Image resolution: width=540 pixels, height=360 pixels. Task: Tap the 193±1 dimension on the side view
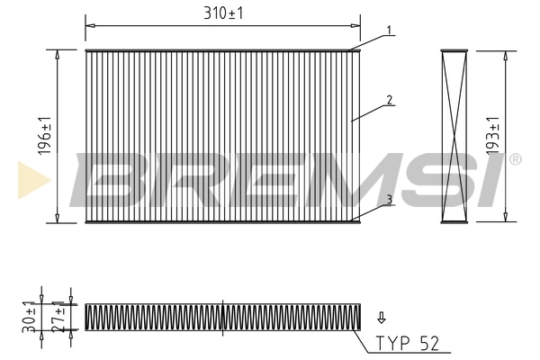pyautogui.click(x=493, y=135)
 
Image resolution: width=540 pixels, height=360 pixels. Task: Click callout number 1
pyautogui.click(x=389, y=31)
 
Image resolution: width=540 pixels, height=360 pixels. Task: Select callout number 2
pyautogui.click(x=389, y=100)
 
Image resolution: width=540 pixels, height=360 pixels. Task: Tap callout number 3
pyautogui.click(x=389, y=199)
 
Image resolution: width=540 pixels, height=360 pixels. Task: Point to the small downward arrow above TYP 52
pyautogui.click(x=382, y=317)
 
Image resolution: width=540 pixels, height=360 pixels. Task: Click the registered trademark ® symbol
pyautogui.click(x=514, y=160)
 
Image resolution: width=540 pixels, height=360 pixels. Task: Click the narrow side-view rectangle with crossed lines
pyautogui.click(x=456, y=135)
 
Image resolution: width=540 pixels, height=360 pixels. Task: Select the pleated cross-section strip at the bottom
pyautogui.click(x=221, y=316)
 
